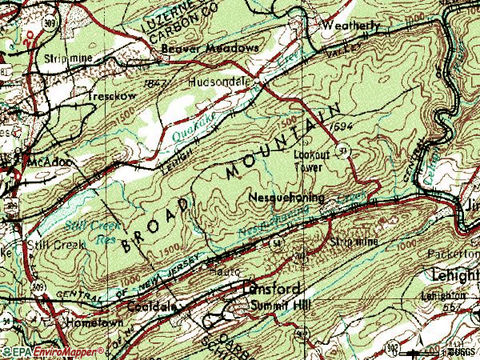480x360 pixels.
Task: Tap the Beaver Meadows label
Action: (200, 48)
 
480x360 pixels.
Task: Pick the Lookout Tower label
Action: (307, 162)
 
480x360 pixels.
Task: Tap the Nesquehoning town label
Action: (286, 197)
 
